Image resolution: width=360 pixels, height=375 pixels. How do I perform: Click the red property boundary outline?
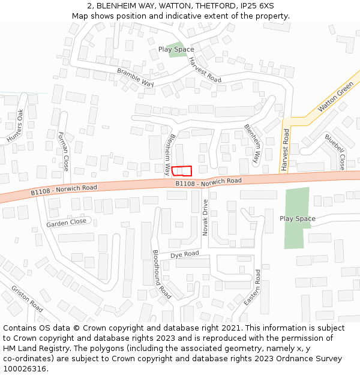point(182,170)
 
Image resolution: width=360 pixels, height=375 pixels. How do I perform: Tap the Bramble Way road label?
point(136,77)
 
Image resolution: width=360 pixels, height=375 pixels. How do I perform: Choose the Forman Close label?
point(63,152)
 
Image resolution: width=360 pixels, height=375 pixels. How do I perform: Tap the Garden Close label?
point(67,223)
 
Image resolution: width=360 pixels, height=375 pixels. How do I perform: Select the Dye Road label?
point(184,254)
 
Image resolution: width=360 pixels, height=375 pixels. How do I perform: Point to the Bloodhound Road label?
point(161,274)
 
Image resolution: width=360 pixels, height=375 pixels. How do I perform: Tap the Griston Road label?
point(27,298)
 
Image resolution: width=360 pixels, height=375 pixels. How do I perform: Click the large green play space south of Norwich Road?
point(297,218)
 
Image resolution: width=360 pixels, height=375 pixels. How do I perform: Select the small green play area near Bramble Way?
point(176,49)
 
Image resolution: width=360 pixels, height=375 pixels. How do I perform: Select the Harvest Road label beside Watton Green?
point(286,150)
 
